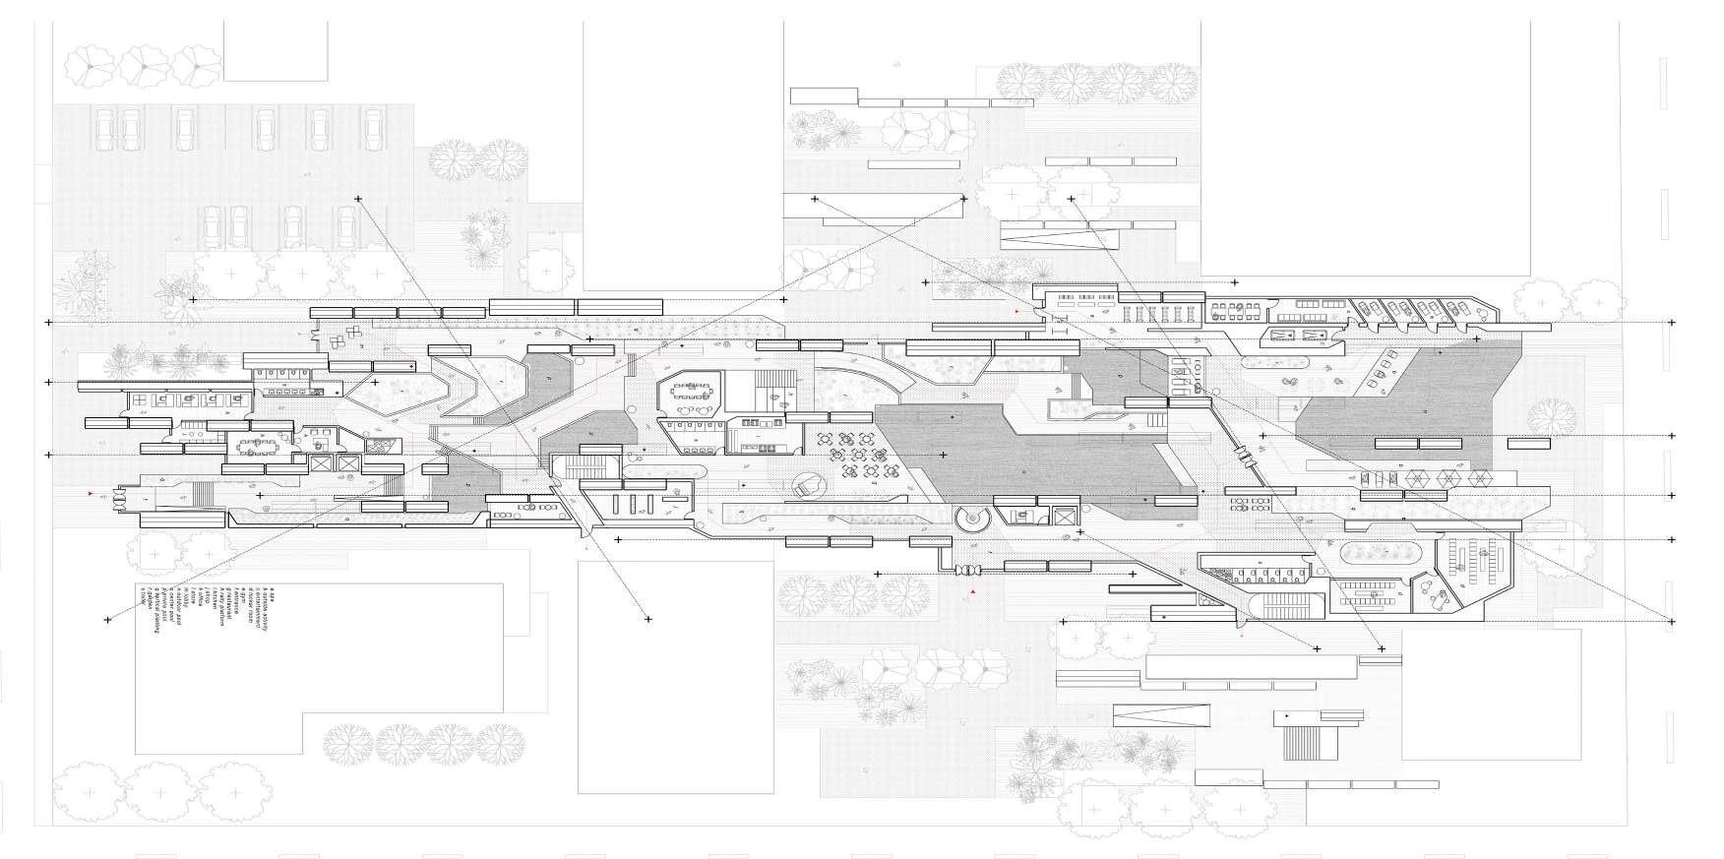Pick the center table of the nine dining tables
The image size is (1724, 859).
[x=848, y=456]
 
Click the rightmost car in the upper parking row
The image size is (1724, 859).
[x=373, y=125]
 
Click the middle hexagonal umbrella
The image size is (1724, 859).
[x=1447, y=479]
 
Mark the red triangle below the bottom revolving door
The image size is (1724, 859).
[x=972, y=593]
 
